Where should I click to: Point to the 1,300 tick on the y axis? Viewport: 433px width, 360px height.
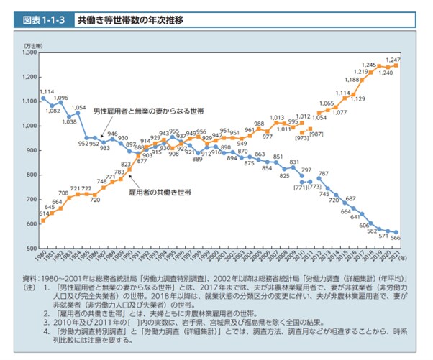(29, 52)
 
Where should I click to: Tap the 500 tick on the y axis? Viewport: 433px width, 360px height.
(31, 248)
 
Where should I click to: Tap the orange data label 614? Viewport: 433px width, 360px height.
(45, 213)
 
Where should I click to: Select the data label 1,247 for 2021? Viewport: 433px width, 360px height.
(393, 59)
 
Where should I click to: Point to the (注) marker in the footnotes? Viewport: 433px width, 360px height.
(29, 287)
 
